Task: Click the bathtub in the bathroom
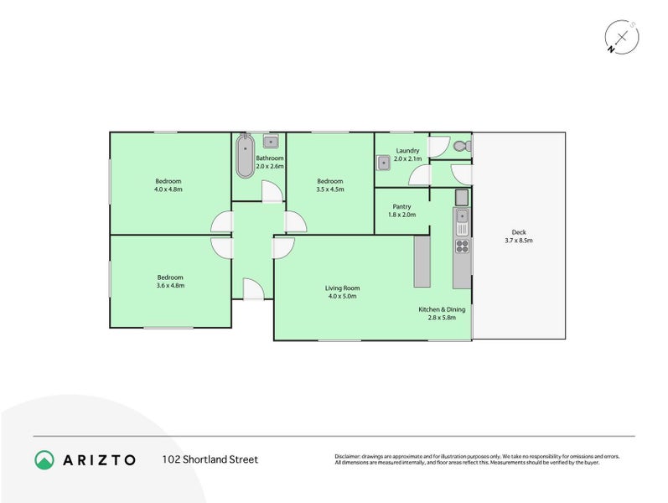(x=244, y=155)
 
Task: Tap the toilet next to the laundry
(x=460, y=146)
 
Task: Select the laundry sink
(x=382, y=162)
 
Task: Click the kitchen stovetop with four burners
(x=461, y=246)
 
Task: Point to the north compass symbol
(x=622, y=37)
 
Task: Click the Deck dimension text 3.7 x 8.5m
(x=519, y=241)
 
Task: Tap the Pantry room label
(x=401, y=206)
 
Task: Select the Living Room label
(x=342, y=288)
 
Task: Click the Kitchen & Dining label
(x=442, y=309)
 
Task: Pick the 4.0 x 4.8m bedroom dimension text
(x=168, y=189)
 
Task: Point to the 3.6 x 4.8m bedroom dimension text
(x=169, y=286)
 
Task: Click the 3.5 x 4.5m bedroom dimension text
(x=329, y=189)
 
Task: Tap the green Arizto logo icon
(x=44, y=459)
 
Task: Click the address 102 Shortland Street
(x=210, y=459)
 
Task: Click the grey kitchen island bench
(x=422, y=261)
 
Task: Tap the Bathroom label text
(x=270, y=158)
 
